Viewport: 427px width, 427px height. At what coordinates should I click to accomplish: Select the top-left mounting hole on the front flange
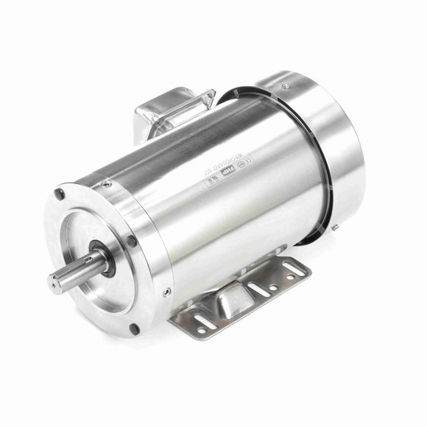[x=60, y=194]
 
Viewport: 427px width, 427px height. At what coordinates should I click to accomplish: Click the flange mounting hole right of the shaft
[x=131, y=240]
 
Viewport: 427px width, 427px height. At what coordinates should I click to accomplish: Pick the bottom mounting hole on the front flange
[x=133, y=328]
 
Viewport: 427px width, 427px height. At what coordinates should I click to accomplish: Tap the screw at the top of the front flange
[x=107, y=184]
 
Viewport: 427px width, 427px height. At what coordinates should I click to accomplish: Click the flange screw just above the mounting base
[x=166, y=292]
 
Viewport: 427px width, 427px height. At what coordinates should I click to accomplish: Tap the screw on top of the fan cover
[x=284, y=86]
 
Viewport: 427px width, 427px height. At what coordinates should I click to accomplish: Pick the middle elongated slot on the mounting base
[x=258, y=289]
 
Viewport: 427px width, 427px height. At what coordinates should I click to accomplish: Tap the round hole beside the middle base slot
[x=273, y=287]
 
